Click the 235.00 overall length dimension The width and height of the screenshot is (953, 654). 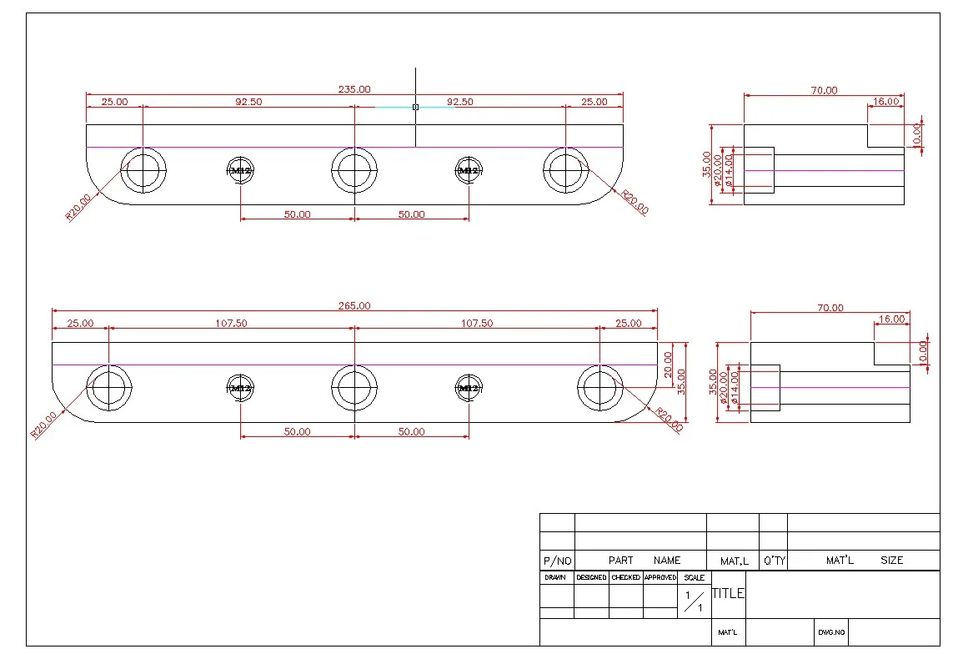pyautogui.click(x=354, y=89)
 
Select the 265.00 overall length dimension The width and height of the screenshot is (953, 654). pyautogui.click(x=354, y=306)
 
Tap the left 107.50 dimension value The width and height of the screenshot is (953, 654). pyautogui.click(x=231, y=323)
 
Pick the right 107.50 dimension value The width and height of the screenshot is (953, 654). pyautogui.click(x=477, y=323)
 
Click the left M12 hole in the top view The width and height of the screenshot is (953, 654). pyautogui.click(x=241, y=170)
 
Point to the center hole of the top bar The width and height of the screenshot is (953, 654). pyautogui.click(x=354, y=170)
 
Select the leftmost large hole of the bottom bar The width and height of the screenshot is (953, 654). pyautogui.click(x=109, y=387)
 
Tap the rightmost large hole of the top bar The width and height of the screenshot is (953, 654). pyautogui.click(x=566, y=170)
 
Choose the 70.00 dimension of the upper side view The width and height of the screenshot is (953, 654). pyautogui.click(x=824, y=90)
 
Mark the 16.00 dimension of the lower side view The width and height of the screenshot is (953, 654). pyautogui.click(x=891, y=319)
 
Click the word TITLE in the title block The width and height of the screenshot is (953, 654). pyautogui.click(x=728, y=594)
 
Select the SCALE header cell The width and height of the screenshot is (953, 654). pyautogui.click(x=694, y=577)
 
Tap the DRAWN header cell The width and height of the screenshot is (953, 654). pyautogui.click(x=555, y=577)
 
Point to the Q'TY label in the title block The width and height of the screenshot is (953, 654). pyautogui.click(x=774, y=561)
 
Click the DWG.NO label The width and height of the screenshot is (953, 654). pyautogui.click(x=831, y=632)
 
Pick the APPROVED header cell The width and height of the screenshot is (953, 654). pyautogui.click(x=660, y=577)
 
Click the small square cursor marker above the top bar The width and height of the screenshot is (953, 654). pyautogui.click(x=415, y=107)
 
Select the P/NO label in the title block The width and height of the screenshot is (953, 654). pyautogui.click(x=557, y=561)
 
